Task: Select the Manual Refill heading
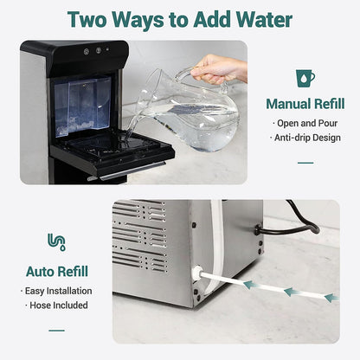pos(305,104)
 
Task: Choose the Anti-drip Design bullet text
pos(306,137)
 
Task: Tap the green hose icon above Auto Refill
pos(56,242)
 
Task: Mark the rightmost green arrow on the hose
pos(329,297)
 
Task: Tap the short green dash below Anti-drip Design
pos(305,162)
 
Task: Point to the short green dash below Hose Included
pos(56,330)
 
